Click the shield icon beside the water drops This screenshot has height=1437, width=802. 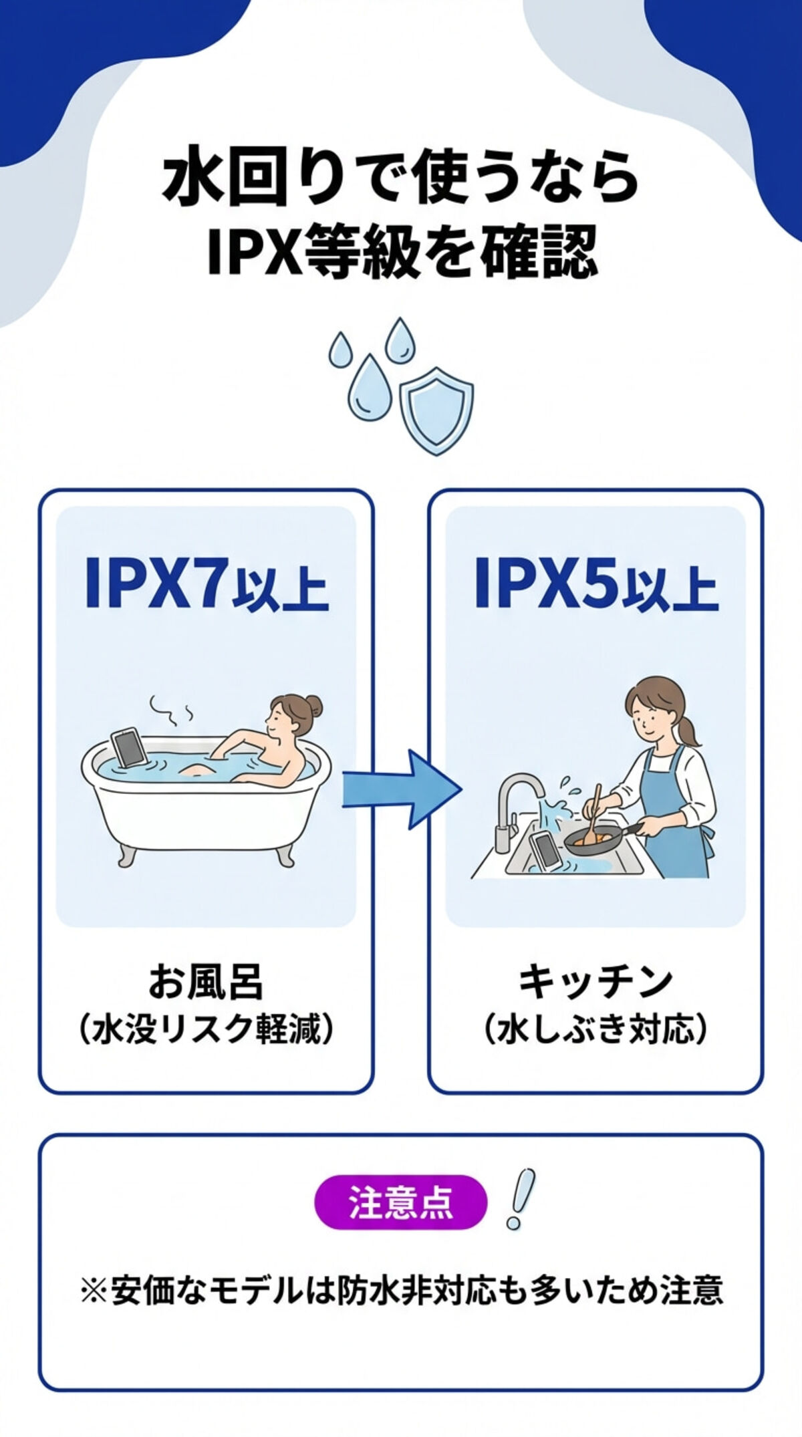pos(436,410)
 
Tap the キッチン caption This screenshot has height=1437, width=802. pos(595,982)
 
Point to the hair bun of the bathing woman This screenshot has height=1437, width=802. pos(313,705)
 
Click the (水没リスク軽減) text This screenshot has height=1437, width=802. pos(206,1030)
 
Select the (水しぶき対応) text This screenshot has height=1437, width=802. pos(595,1030)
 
